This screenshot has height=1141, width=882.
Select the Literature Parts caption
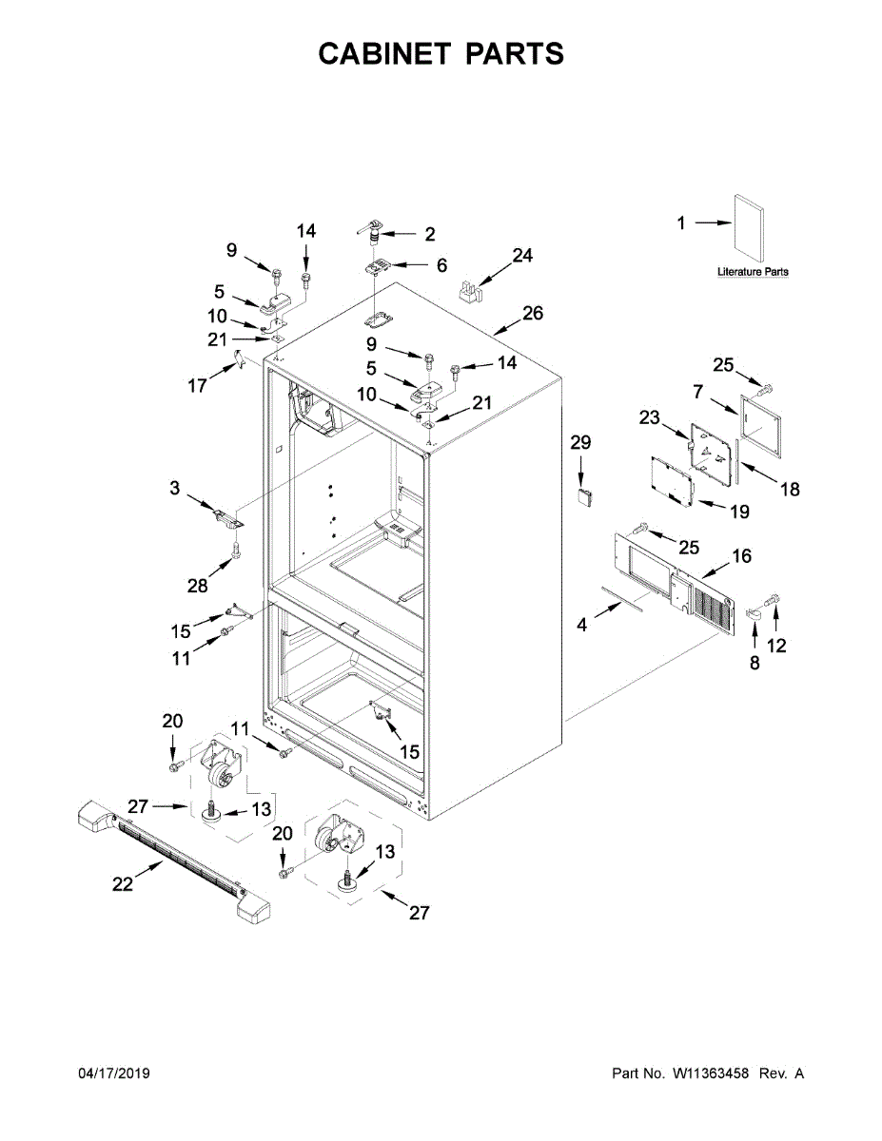click(x=753, y=272)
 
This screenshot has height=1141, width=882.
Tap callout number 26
click(x=533, y=313)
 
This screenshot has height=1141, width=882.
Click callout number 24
click(x=522, y=255)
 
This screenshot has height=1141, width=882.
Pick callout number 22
click(x=122, y=883)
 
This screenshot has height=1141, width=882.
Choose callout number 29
click(x=580, y=442)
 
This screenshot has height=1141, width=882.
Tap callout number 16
click(x=741, y=556)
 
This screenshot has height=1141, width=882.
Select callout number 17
click(x=198, y=386)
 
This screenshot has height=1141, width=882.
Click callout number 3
click(x=174, y=488)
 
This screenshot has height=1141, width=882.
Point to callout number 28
click(x=197, y=586)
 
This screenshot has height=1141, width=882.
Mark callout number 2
click(x=429, y=233)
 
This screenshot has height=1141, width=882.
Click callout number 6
click(x=441, y=266)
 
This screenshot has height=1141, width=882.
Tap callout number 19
click(x=739, y=512)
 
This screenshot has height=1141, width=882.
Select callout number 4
click(x=582, y=625)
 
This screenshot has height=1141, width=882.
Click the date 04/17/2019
click(x=113, y=1073)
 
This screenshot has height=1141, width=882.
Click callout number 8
click(x=755, y=664)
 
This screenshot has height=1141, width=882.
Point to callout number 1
click(x=681, y=223)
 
